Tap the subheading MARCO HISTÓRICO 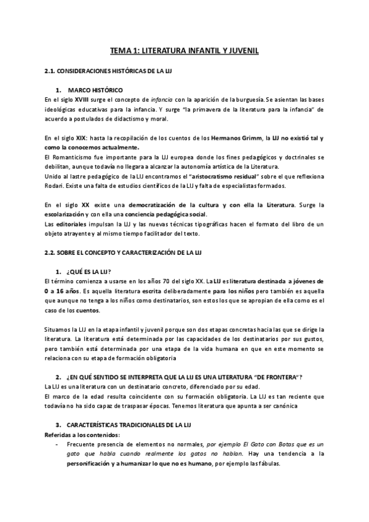pyautogui.click(x=95, y=90)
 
